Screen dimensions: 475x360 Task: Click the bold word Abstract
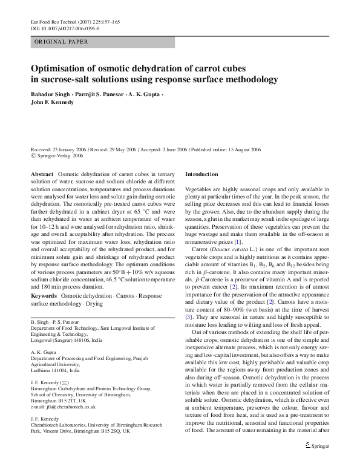pyautogui.click(x=42, y=174)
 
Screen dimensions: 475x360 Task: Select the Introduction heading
pyautogui.click(x=201, y=174)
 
